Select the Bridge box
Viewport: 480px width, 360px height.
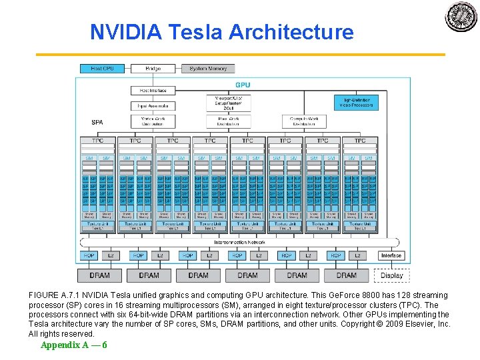pyautogui.click(x=153, y=69)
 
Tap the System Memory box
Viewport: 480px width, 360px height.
pyautogui.click(x=208, y=69)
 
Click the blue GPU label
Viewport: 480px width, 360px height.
pyautogui.click(x=243, y=85)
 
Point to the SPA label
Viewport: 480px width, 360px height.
pyautogui.click(x=97, y=122)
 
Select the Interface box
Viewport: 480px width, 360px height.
pyautogui.click(x=391, y=255)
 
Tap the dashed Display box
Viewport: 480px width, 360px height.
pyautogui.click(x=391, y=275)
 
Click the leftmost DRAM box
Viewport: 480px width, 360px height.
pyautogui.click(x=100, y=275)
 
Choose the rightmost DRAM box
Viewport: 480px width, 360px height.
pyautogui.click(x=346, y=275)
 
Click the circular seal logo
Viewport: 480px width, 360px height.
pyautogui.click(x=461, y=17)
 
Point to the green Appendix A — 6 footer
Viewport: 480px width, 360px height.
pyautogui.click(x=73, y=345)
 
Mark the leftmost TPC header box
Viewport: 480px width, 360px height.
pyautogui.click(x=97, y=141)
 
